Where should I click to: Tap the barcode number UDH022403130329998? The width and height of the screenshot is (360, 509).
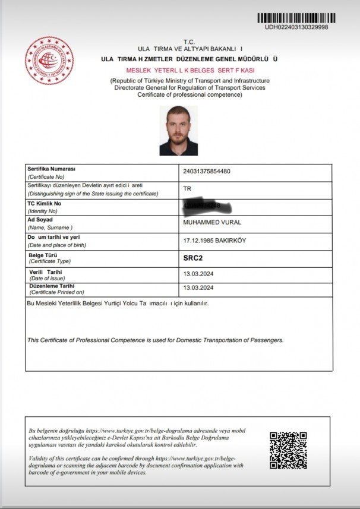(x=296, y=27)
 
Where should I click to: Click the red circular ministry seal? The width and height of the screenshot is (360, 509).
(x=49, y=60)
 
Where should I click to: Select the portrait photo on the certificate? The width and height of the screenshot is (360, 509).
(x=178, y=131)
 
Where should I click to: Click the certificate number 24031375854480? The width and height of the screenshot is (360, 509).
(x=207, y=172)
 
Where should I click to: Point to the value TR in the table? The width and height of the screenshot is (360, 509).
(x=188, y=189)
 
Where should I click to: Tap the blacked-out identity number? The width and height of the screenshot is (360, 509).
(x=202, y=206)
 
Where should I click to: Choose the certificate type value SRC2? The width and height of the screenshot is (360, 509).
(x=194, y=258)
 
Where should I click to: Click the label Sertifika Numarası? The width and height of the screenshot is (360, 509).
(x=52, y=169)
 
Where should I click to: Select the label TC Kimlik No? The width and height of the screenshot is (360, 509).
(x=45, y=203)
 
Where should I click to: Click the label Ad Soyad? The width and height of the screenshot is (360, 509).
(x=40, y=220)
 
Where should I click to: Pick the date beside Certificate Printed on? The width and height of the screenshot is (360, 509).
(x=198, y=288)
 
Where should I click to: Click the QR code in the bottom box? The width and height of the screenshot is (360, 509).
(x=288, y=450)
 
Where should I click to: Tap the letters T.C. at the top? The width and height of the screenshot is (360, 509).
(x=189, y=42)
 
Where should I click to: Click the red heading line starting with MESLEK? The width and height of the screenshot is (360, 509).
(x=190, y=70)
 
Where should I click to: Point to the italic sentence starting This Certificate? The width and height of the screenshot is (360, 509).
(x=156, y=340)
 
